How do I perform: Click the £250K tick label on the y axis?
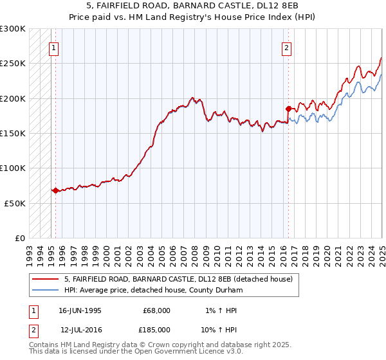click(13, 64)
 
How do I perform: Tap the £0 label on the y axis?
click(20, 238)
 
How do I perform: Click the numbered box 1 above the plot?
click(53, 47)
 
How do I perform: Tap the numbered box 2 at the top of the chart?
click(286, 47)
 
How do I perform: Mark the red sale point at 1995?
click(55, 190)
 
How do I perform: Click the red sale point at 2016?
click(288, 109)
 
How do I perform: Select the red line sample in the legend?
click(46, 279)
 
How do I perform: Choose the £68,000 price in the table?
click(157, 310)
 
